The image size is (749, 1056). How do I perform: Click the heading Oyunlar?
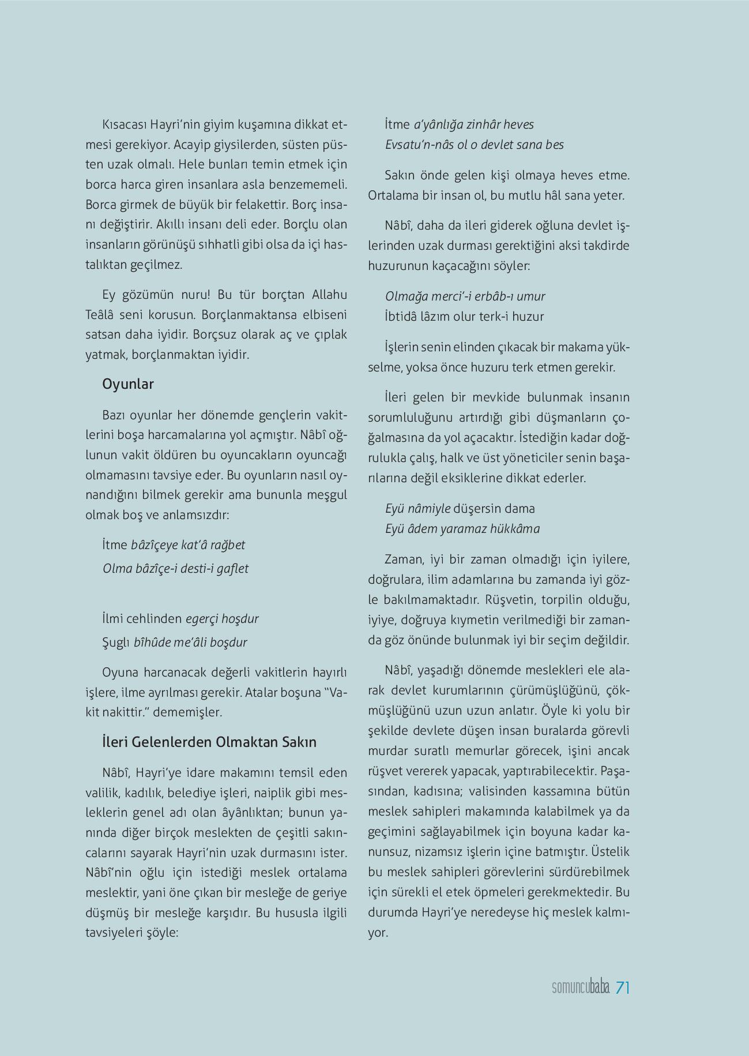(127, 384)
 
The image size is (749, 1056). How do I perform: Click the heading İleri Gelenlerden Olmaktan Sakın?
(209, 742)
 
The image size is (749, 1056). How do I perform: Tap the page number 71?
(622, 988)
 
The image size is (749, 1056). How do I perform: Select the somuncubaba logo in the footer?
(581, 989)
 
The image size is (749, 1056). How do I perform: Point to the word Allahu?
(329, 295)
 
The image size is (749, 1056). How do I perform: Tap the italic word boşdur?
(229, 642)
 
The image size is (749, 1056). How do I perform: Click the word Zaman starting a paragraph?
(404, 559)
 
